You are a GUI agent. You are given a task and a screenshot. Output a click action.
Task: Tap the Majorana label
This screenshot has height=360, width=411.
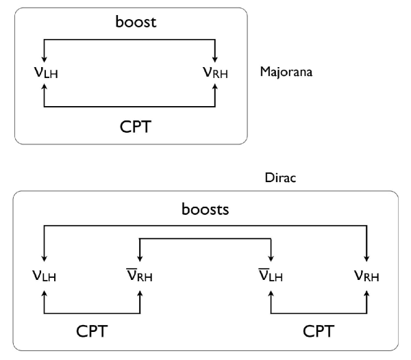coord(286,72)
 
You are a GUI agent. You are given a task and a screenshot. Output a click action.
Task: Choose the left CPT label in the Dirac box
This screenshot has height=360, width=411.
coord(91,331)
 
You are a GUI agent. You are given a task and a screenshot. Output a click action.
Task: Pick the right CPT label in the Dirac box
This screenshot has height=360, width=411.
coord(319,331)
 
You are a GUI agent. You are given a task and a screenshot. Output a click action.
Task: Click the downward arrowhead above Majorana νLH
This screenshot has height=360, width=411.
coord(45,59)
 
